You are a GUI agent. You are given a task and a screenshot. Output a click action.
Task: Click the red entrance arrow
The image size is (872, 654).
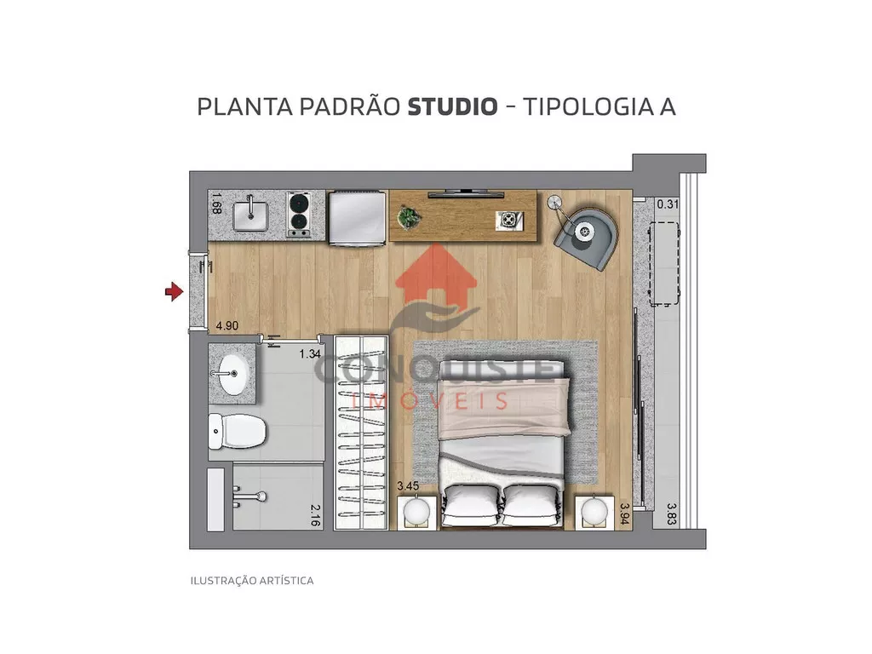tap(174, 291)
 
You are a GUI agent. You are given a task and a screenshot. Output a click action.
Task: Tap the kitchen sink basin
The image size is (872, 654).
tap(250, 215)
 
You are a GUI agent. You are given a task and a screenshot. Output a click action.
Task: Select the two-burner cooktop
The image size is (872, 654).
tap(299, 215)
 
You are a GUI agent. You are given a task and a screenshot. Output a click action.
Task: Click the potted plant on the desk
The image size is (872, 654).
tap(410, 217)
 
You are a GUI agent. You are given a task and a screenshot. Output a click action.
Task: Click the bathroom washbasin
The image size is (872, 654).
tap(231, 374)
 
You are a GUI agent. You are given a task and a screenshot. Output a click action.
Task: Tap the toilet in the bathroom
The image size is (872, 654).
tap(238, 431)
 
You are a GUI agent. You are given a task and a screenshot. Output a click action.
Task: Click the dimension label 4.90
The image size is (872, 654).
tap(227, 326)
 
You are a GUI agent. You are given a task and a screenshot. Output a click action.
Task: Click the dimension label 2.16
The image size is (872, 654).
tap(315, 515)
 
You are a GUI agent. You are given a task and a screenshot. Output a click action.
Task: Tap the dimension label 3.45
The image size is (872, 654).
tap(408, 486)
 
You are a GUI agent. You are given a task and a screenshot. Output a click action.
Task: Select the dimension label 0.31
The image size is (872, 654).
tap(668, 204)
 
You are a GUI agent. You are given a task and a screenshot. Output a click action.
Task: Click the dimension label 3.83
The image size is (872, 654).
tap(671, 513)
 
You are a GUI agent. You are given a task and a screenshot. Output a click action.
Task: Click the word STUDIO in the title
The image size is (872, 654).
tap(453, 106)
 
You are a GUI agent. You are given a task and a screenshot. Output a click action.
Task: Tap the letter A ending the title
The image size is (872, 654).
tap(668, 106)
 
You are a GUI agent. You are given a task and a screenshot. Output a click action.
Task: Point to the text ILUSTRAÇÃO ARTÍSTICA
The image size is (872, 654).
tap(252, 581)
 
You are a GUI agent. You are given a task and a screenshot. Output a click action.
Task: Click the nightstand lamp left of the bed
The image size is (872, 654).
tap(416, 511)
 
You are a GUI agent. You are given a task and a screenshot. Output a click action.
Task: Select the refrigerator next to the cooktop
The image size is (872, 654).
tap(357, 217)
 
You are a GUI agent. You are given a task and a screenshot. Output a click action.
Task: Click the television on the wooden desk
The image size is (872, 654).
tap(466, 193)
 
